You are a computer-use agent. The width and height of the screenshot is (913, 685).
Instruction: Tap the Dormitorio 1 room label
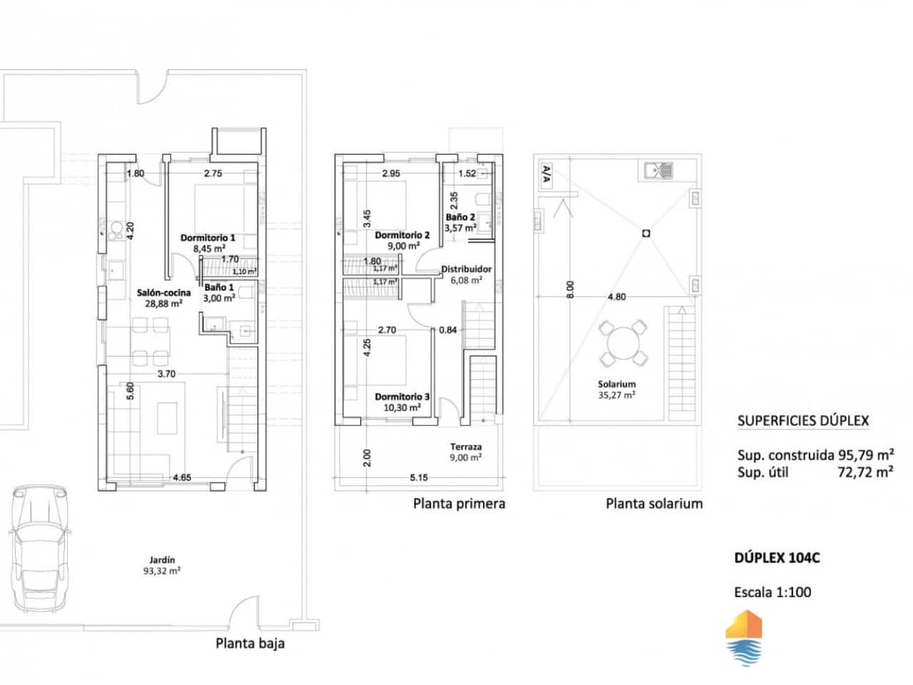[208, 238]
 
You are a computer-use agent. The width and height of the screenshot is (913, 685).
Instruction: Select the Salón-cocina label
[163, 293]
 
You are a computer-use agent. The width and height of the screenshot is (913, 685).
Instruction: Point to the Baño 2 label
[460, 217]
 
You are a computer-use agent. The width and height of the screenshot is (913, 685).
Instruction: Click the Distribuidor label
[466, 269]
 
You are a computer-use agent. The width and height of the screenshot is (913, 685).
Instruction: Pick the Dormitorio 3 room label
[402, 397]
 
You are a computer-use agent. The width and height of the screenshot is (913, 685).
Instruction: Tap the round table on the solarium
[623, 343]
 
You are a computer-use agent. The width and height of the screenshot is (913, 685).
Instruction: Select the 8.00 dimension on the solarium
[569, 289]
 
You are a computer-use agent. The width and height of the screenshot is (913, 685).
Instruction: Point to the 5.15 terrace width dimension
[418, 477]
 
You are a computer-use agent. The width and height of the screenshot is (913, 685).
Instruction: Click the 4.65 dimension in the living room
[183, 477]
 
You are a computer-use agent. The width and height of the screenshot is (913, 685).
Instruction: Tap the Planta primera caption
[459, 504]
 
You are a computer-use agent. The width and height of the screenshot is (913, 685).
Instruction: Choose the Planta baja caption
[250, 643]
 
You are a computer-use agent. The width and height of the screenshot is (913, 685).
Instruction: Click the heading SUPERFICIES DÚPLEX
[802, 420]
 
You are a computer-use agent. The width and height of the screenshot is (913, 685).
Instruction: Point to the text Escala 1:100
[772, 592]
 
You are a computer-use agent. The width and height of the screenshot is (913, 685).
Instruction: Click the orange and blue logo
[743, 638]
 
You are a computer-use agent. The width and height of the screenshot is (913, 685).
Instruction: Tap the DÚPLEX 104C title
[777, 558]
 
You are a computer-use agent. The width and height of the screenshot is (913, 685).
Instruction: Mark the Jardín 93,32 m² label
[162, 565]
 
